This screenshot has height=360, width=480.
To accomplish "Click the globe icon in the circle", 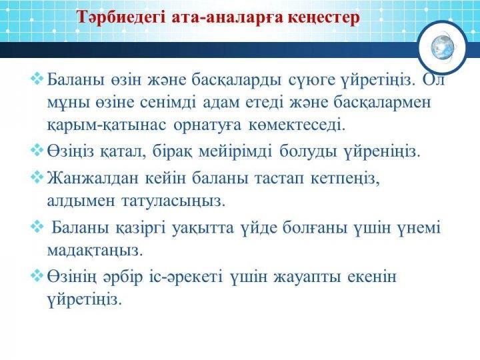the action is pos(443,47).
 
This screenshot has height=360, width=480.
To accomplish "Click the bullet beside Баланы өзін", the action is pos(37,78).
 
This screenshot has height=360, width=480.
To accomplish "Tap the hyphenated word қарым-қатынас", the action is pos(107,125).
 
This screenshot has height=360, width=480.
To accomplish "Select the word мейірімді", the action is pos(235,151).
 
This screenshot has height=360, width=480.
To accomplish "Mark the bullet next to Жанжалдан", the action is pos(37,177).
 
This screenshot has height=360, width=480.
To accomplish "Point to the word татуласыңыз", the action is pos(173,201).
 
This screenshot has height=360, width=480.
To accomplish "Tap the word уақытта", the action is pos(203,229).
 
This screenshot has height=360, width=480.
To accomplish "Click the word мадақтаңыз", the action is pos(95,251).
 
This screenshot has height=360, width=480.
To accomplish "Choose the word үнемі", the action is pos(419,229).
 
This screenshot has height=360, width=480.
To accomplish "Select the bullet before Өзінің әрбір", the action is pos(37,275).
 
